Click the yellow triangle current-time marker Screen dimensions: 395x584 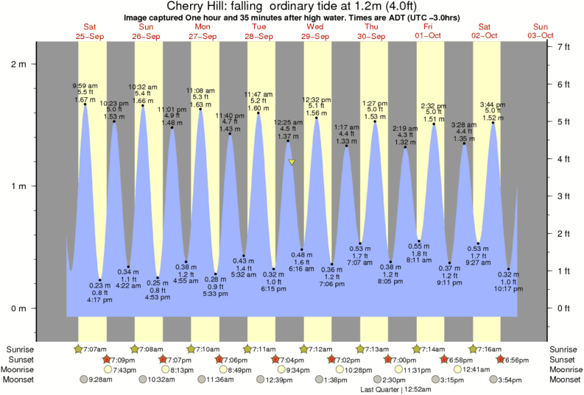click(x=292, y=163)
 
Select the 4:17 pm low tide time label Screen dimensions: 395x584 click(x=100, y=299)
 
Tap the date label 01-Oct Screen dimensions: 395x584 click(x=427, y=36)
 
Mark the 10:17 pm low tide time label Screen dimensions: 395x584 click(x=509, y=289)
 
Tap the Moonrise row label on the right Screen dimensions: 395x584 click(x=564, y=370)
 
